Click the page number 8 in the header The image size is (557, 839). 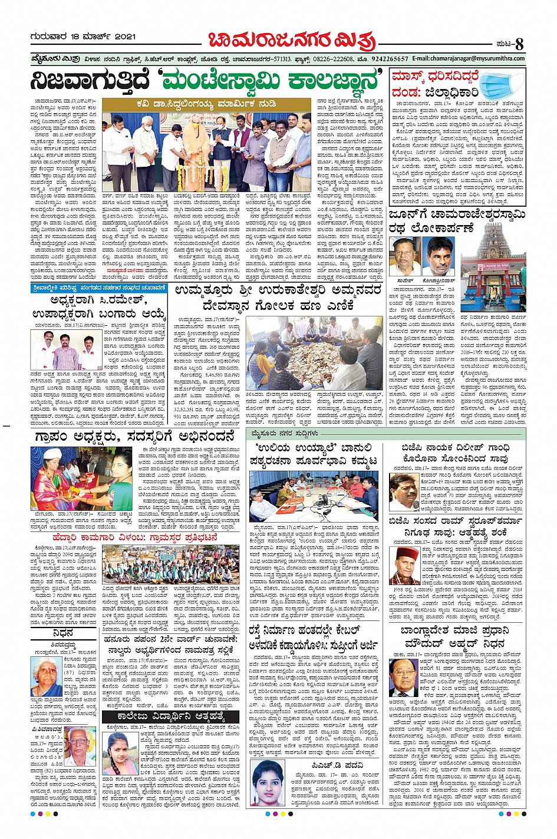click(x=519, y=44)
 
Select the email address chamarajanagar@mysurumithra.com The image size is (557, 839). click(x=468, y=59)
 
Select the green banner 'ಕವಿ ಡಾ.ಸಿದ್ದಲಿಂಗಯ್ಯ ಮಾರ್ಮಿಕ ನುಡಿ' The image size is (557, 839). click(x=208, y=104)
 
